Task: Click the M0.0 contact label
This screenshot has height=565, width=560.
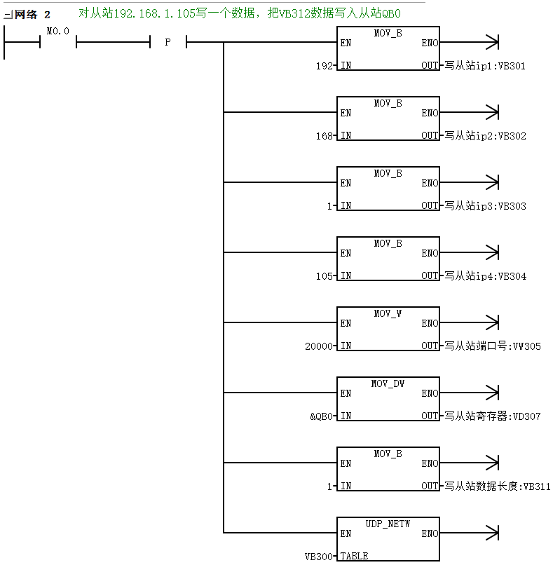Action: (x=57, y=32)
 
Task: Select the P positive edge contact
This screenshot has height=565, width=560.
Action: (x=168, y=42)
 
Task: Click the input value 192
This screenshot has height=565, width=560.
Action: (x=325, y=66)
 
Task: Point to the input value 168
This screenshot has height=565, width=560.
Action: (x=325, y=136)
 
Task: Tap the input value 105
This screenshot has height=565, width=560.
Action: (x=325, y=276)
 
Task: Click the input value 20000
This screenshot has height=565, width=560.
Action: (x=319, y=346)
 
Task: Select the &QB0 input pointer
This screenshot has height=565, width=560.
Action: (x=321, y=416)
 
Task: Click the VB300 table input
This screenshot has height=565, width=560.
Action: (x=319, y=557)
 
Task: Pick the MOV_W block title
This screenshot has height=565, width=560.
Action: (x=388, y=313)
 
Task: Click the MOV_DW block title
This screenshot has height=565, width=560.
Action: (x=388, y=383)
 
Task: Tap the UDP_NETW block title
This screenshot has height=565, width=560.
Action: (x=388, y=524)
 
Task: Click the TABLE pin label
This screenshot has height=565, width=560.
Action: (x=354, y=557)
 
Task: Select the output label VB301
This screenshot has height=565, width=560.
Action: (x=512, y=66)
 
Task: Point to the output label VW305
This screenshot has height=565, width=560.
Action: (x=527, y=346)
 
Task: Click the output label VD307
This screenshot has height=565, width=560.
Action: (x=527, y=416)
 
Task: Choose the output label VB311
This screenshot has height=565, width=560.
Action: (x=537, y=486)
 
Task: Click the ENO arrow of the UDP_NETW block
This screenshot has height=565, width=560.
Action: (x=469, y=533)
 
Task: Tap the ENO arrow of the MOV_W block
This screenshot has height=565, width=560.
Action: (x=469, y=322)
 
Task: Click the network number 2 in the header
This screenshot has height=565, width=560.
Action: (x=47, y=15)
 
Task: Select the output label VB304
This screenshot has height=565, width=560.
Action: (x=512, y=276)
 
